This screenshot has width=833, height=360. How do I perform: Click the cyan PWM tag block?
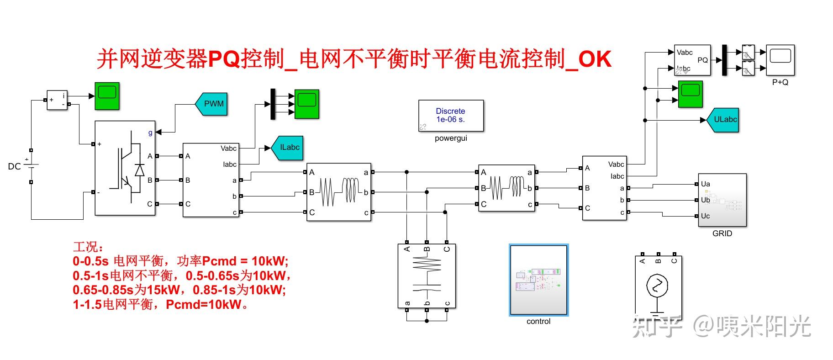tap(212, 104)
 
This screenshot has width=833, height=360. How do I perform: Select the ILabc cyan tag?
tap(288, 148)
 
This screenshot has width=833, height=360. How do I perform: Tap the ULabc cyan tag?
tap(723, 120)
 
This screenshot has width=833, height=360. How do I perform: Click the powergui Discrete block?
tap(451, 116)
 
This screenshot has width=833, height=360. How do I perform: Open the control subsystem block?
tap(538, 280)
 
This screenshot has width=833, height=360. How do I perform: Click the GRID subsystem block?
tap(722, 200)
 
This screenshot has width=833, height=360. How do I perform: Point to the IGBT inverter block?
tap(125, 168)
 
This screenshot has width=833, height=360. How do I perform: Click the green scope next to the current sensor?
tap(107, 95)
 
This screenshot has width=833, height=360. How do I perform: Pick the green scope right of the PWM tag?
tap(306, 104)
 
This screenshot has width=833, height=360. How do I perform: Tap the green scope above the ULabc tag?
tap(690, 94)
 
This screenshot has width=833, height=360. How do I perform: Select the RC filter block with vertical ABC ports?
tap(427, 276)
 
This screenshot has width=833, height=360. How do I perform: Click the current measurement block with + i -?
tap(57, 100)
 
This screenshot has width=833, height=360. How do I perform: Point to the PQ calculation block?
tap(692, 60)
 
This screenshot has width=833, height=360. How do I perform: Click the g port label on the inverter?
tap(150, 132)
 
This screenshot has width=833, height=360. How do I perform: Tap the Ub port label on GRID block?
tap(706, 200)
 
